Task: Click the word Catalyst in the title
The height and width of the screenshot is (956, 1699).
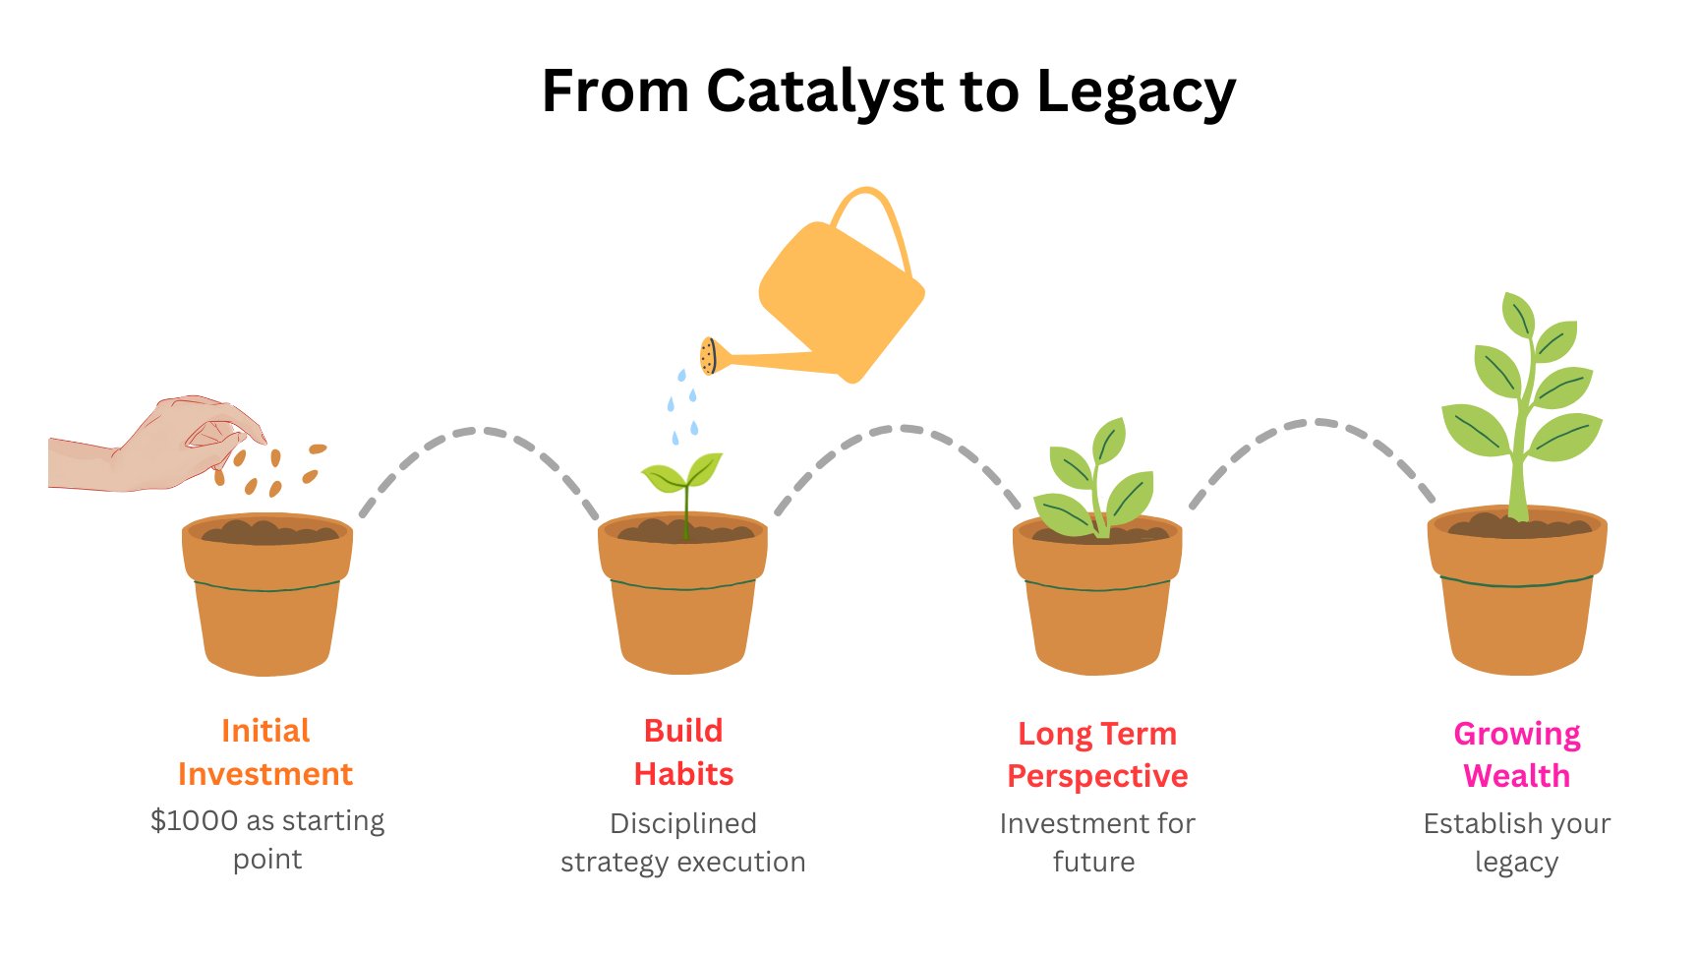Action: (x=824, y=91)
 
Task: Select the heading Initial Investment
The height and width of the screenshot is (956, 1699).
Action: (x=265, y=752)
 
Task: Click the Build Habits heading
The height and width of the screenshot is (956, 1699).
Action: (x=683, y=752)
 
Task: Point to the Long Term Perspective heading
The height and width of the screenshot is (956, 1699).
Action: (x=1097, y=755)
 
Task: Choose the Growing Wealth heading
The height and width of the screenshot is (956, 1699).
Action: (x=1517, y=755)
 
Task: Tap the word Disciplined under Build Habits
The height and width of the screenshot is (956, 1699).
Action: (x=683, y=823)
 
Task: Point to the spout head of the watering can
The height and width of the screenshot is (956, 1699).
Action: (x=708, y=356)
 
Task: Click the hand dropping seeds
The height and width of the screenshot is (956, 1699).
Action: (x=157, y=445)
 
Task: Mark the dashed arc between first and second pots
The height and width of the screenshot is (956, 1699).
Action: (x=479, y=431)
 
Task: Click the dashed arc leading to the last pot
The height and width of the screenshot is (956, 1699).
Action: (x=1314, y=423)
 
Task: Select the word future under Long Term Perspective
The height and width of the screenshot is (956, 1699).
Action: (x=1093, y=863)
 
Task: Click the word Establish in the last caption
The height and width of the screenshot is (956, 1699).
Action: (x=1470, y=823)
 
